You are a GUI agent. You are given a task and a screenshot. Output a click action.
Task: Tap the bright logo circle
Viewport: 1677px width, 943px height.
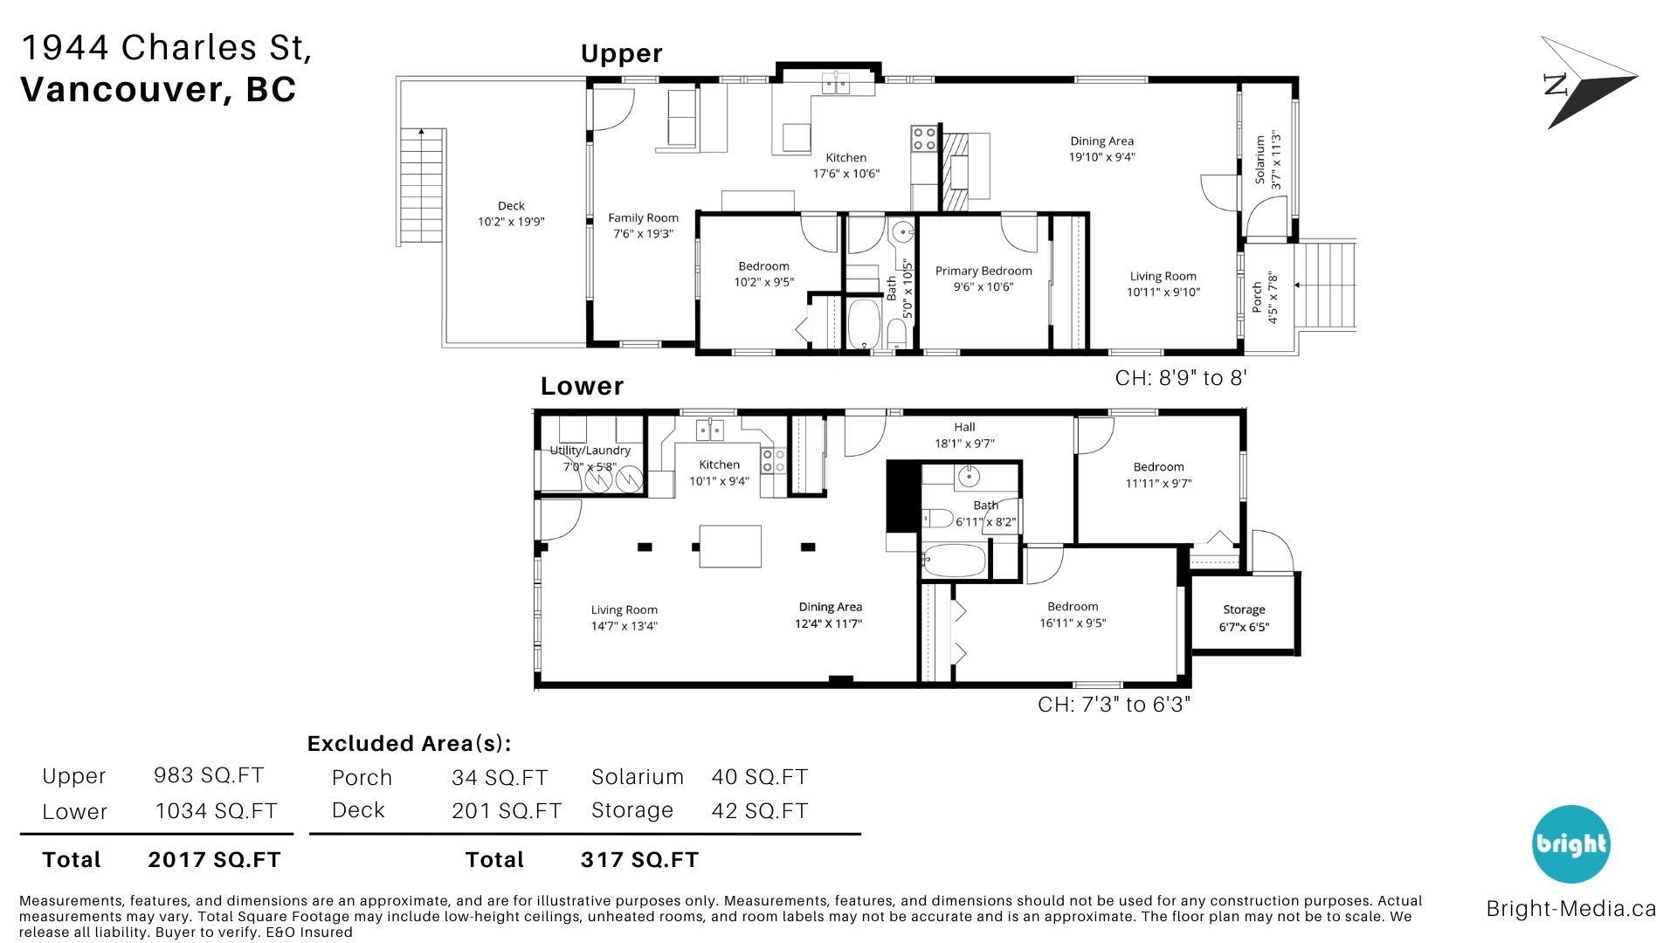coord(1570,843)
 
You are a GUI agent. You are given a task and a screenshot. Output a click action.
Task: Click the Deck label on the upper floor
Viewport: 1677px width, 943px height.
coord(511,206)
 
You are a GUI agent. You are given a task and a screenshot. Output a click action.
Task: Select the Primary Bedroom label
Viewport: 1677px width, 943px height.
coord(983,271)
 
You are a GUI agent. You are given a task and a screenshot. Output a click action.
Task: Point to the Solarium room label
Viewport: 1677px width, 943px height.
coord(1259,160)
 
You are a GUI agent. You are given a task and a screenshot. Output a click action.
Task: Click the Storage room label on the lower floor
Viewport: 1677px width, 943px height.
coord(1244,609)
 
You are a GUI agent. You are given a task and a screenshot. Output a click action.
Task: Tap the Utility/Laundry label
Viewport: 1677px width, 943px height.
coord(590,451)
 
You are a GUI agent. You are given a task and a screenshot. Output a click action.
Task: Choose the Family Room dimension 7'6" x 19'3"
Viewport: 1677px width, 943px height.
coord(643,234)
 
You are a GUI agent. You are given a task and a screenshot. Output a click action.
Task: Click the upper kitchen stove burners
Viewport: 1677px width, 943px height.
coord(924,138)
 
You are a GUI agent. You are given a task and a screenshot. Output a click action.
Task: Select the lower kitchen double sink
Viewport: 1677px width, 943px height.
coord(710,430)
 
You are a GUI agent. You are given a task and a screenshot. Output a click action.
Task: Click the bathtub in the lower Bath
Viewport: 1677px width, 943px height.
coord(955,561)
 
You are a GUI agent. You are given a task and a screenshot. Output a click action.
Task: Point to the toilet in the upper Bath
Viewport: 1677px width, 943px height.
coord(896,332)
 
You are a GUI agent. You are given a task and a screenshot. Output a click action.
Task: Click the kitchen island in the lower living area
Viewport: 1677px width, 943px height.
coord(730,547)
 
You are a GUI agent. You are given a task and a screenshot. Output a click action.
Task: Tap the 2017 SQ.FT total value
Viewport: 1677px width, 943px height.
coord(214,860)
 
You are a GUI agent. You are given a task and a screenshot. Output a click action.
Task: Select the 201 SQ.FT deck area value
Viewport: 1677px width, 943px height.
coord(507,810)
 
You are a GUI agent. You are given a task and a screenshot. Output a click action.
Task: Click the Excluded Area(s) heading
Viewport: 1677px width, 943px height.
coord(409,744)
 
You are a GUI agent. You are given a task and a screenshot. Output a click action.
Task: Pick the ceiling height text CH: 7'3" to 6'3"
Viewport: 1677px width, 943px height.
coord(1114,704)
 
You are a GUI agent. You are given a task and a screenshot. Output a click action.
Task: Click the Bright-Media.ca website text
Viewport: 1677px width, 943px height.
coord(1571,908)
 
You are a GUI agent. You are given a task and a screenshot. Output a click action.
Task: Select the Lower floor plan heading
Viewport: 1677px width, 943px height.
coord(582,386)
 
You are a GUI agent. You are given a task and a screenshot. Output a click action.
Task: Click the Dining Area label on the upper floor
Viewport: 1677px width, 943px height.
coord(1102,141)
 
